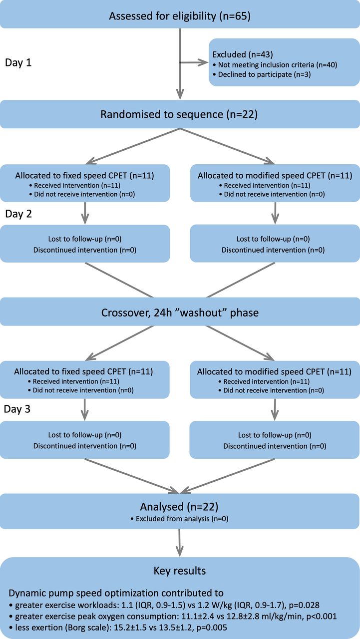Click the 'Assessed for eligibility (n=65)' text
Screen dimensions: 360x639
coord(180,16)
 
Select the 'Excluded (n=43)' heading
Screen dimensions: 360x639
coord(243,54)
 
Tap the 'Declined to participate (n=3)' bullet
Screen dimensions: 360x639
coord(262,74)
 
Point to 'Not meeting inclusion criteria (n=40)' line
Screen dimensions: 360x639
coord(275,65)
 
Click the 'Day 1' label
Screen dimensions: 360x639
coord(18,63)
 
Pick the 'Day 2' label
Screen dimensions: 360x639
coord(18,214)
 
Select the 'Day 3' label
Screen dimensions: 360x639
coord(17,409)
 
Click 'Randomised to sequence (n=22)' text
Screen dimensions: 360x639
coord(179,114)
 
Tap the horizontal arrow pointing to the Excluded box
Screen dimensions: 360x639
coord(194,62)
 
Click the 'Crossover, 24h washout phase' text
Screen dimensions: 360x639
coord(180,313)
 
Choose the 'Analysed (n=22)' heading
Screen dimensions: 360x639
coord(179,507)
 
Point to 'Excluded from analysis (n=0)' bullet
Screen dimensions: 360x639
coord(179,518)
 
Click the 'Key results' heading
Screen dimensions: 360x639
coord(180,571)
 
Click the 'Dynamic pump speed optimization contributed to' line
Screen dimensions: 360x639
coord(116,593)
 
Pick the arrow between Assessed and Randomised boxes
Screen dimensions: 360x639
coord(180,64)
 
